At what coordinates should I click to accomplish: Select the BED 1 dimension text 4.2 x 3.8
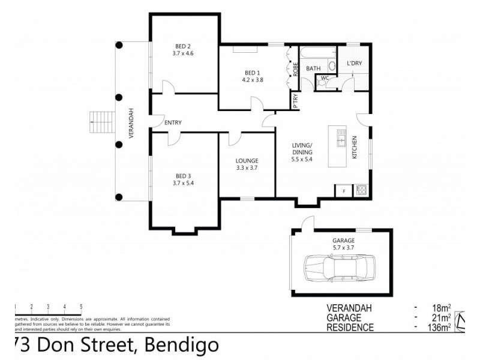tap(253, 79)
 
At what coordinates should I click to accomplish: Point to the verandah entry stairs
tap(100, 123)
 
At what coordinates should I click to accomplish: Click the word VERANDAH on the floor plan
tap(131, 124)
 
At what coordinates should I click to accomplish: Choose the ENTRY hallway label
tap(173, 122)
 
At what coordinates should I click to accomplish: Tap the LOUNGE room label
tap(247, 160)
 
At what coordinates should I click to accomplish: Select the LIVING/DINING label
tap(302, 149)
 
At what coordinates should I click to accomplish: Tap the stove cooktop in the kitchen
tap(362, 190)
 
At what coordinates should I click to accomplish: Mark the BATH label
tap(313, 69)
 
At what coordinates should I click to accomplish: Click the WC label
tap(325, 78)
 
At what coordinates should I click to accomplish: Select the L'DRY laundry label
tap(354, 64)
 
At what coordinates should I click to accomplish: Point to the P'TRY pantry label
tap(295, 103)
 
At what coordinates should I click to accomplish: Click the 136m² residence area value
tap(439, 327)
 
